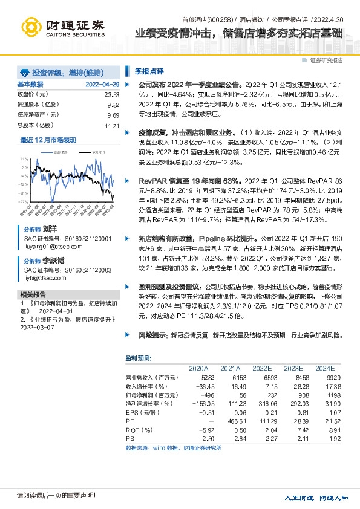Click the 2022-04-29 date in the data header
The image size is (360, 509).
(103, 84)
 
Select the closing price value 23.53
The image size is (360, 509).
(112, 95)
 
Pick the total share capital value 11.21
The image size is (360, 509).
(112, 126)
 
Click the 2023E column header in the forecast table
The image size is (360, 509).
(293, 368)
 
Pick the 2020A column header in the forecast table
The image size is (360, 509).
(198, 368)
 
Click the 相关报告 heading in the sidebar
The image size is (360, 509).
(29, 294)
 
